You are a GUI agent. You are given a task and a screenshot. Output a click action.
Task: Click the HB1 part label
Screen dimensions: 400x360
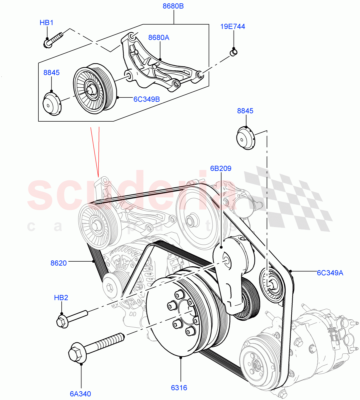click(x=46, y=23)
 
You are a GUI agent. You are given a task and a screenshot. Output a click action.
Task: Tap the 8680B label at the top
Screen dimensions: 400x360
click(x=173, y=6)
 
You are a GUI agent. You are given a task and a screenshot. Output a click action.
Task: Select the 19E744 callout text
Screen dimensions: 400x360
click(x=233, y=26)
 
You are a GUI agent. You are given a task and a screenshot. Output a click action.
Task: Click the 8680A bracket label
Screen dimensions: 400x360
click(x=158, y=38)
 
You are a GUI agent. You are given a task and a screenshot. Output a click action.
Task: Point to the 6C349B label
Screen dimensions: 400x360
click(x=146, y=99)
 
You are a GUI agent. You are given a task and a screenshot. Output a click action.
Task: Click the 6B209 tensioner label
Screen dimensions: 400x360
click(x=221, y=168)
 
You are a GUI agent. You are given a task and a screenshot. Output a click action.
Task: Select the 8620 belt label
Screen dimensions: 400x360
click(x=59, y=263)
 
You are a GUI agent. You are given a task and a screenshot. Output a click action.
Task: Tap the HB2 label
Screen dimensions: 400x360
click(x=61, y=298)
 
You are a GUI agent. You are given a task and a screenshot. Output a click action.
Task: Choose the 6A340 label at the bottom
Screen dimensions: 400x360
click(x=80, y=394)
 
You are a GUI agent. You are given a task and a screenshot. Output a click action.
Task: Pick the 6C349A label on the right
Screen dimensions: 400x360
click(x=330, y=273)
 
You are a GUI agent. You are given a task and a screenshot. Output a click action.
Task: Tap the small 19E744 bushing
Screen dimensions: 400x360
click(x=234, y=52)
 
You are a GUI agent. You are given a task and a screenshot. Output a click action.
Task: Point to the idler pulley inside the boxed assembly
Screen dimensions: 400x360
click(x=94, y=88)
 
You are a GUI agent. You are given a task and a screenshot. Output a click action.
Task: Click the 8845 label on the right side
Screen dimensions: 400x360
click(x=245, y=111)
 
